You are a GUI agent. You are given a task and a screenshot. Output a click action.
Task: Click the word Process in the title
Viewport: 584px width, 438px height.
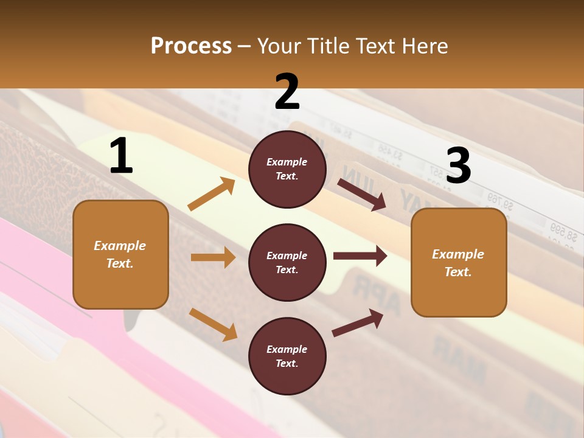pos(191,46)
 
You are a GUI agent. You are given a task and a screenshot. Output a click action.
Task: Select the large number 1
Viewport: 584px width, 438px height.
pos(121,156)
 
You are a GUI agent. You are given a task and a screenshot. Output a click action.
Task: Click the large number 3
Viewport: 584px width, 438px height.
pos(458,165)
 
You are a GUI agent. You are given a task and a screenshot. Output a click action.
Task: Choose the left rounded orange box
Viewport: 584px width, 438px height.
pos(120,254)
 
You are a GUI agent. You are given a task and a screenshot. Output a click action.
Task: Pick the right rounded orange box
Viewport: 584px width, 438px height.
pos(459,262)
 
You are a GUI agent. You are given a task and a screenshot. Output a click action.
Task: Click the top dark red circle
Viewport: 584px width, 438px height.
pos(287,169)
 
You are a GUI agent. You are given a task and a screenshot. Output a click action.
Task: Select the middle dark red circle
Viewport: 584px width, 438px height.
pos(287,262)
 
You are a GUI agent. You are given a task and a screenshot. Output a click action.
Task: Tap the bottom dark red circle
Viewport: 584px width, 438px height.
pos(287,356)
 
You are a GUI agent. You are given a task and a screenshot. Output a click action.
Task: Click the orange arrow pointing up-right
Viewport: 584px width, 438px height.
pos(212,194)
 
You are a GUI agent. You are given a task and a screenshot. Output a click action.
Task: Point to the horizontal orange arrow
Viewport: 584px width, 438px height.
pos(213,257)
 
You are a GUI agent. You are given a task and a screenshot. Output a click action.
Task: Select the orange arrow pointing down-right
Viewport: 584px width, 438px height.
pos(213,324)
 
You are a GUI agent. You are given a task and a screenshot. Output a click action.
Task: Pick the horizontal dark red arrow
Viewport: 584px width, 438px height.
pos(360,256)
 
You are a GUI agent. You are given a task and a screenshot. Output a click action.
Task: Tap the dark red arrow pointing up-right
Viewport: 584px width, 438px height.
pos(358,322)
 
